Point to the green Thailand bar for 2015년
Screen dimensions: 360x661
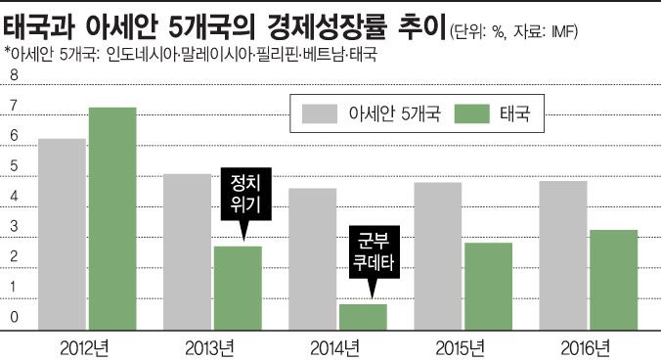(488, 285)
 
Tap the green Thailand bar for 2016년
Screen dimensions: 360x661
(613, 279)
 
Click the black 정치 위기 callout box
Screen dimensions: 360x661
(243, 193)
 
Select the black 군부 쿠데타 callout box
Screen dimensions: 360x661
(370, 249)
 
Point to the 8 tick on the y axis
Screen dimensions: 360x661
(14, 75)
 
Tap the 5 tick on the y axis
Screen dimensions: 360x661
(14, 166)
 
